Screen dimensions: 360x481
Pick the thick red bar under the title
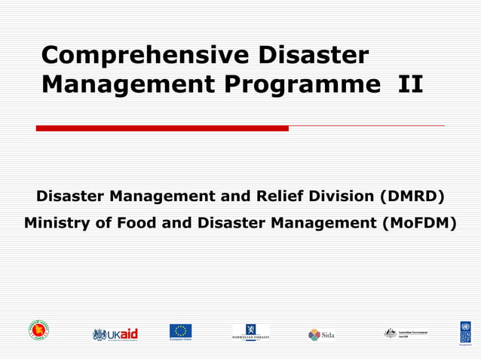162,128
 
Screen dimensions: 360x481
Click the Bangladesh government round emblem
38,330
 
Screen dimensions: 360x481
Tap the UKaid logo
115,334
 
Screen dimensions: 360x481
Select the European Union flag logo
180,332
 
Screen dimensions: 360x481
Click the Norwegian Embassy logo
250,332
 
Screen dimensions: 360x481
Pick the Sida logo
320,334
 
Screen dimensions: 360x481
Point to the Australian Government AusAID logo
405,333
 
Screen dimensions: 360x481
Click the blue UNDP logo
465,332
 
